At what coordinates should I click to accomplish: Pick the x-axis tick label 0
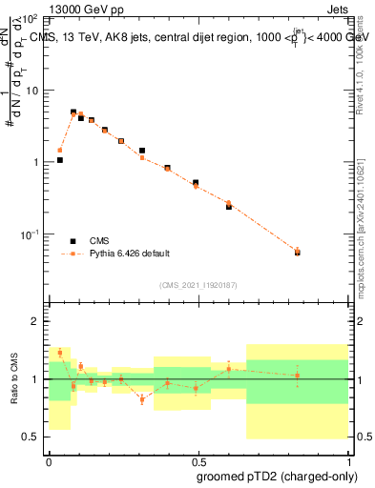[x=49, y=461]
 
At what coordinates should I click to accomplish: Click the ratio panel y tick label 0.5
[x=31, y=437]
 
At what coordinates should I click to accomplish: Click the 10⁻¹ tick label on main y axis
[x=30, y=234]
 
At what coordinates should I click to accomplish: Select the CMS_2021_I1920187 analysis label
[x=198, y=285]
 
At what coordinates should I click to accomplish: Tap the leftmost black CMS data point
[x=60, y=160]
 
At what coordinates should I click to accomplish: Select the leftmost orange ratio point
[x=60, y=352]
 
